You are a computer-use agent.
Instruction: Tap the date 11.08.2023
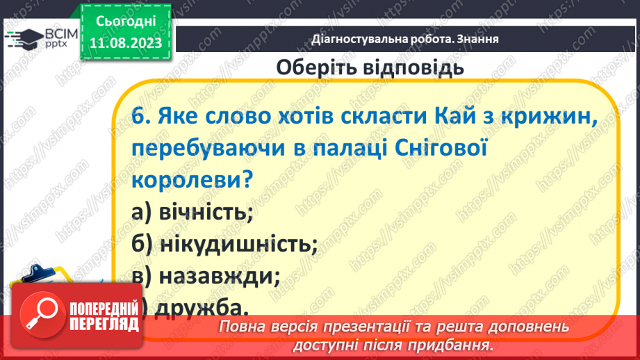[x=126, y=44]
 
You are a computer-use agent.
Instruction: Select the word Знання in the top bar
[x=479, y=39]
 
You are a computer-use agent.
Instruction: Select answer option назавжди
[x=219, y=276]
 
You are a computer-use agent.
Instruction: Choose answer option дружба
[x=202, y=306]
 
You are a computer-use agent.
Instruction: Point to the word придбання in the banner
[x=459, y=343]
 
